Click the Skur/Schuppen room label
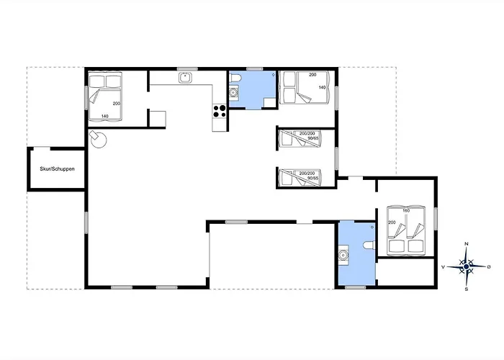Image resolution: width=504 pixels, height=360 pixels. coord(57,168)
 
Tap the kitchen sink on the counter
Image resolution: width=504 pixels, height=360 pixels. coord(186,78)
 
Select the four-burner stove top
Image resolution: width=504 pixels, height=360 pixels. coord(219,111)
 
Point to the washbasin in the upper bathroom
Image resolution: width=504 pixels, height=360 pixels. coord(233,93)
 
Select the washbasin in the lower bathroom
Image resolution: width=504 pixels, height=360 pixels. coord(343,255)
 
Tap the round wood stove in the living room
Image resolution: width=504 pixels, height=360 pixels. coord(98,140)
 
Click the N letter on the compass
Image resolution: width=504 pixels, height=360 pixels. coord(467,244)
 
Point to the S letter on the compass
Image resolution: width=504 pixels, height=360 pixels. coord(467,289)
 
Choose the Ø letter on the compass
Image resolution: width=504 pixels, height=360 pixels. coord(489,266)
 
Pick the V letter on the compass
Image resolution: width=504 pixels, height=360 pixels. coord(444,267)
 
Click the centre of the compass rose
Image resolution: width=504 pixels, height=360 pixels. coord(467,266)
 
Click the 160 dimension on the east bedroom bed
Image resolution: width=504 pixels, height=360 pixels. coord(406,211)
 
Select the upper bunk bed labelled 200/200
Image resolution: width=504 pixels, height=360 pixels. coord(300,138)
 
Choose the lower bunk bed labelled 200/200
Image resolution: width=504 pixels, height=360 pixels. coord(300,177)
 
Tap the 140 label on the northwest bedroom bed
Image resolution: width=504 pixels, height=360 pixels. coord(105,116)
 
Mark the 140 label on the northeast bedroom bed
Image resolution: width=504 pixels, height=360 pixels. coord(322,87)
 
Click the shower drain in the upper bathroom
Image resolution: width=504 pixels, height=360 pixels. coord(273,75)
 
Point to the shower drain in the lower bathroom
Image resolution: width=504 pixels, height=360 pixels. coord(372,228)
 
